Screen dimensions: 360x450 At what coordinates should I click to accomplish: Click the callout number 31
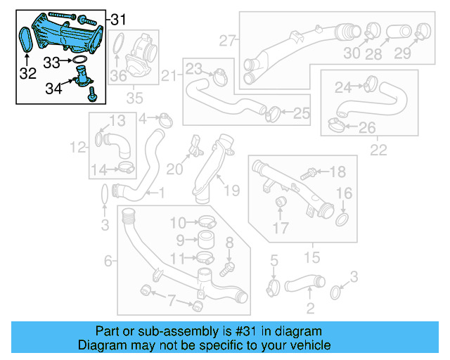coord(120,17)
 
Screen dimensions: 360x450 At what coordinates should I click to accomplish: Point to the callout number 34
coord(53,88)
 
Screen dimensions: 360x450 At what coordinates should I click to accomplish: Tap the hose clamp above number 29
coord(423,30)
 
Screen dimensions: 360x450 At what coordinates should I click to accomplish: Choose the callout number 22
coord(378,150)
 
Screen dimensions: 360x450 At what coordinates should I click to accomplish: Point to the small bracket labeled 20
coord(193,148)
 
